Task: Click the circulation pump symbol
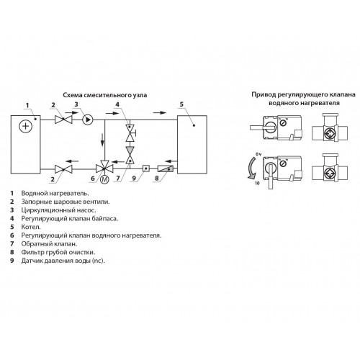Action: pyautogui.click(x=87, y=120)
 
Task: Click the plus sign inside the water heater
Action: pyautogui.click(x=25, y=126)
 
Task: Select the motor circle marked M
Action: pyautogui.click(x=104, y=179)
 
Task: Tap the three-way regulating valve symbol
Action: pyautogui.click(x=104, y=168)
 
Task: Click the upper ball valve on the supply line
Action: pyautogui.click(x=63, y=120)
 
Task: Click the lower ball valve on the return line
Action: pyautogui.click(x=63, y=169)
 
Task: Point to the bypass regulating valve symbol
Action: pyautogui.click(x=130, y=132)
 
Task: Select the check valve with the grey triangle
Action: pyautogui.click(x=130, y=156)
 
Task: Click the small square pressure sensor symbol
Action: pyautogui.click(x=146, y=168)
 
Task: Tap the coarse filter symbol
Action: pyautogui.click(x=166, y=168)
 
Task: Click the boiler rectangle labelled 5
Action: pyautogui.click(x=192, y=144)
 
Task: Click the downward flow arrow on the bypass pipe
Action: pyautogui.click(x=102, y=140)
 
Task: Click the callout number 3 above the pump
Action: pyautogui.click(x=76, y=104)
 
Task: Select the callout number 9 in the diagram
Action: pyautogui.click(x=134, y=178)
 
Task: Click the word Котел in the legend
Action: pyautogui.click(x=31, y=227)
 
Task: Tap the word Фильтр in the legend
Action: pyautogui.click(x=33, y=252)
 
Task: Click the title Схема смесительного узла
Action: pyautogui.click(x=105, y=95)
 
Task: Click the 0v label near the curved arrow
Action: pyautogui.click(x=258, y=154)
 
